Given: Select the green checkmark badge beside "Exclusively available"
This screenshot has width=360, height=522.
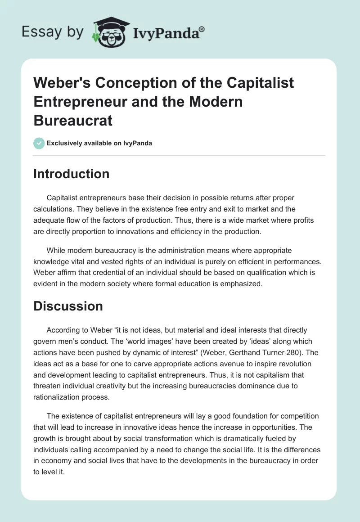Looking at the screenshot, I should click(x=39, y=143).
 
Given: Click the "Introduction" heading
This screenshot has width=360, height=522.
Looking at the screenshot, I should click(x=71, y=174).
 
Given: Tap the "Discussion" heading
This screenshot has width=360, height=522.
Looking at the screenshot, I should click(x=68, y=306).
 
